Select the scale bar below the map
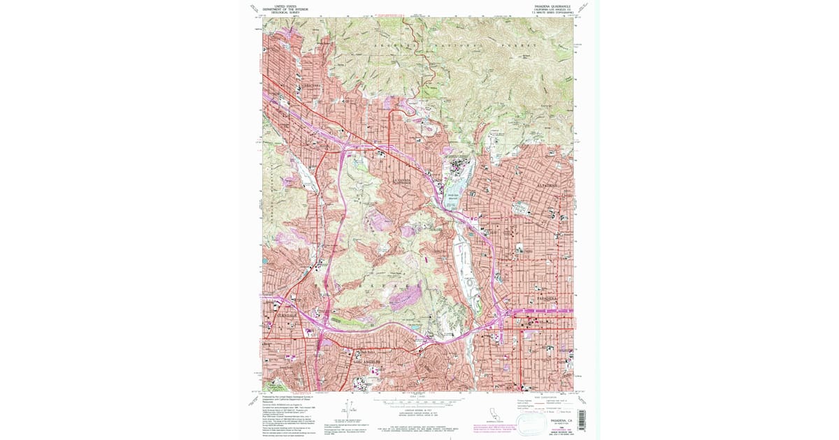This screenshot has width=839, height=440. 419,402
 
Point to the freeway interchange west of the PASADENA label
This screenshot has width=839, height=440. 502,312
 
